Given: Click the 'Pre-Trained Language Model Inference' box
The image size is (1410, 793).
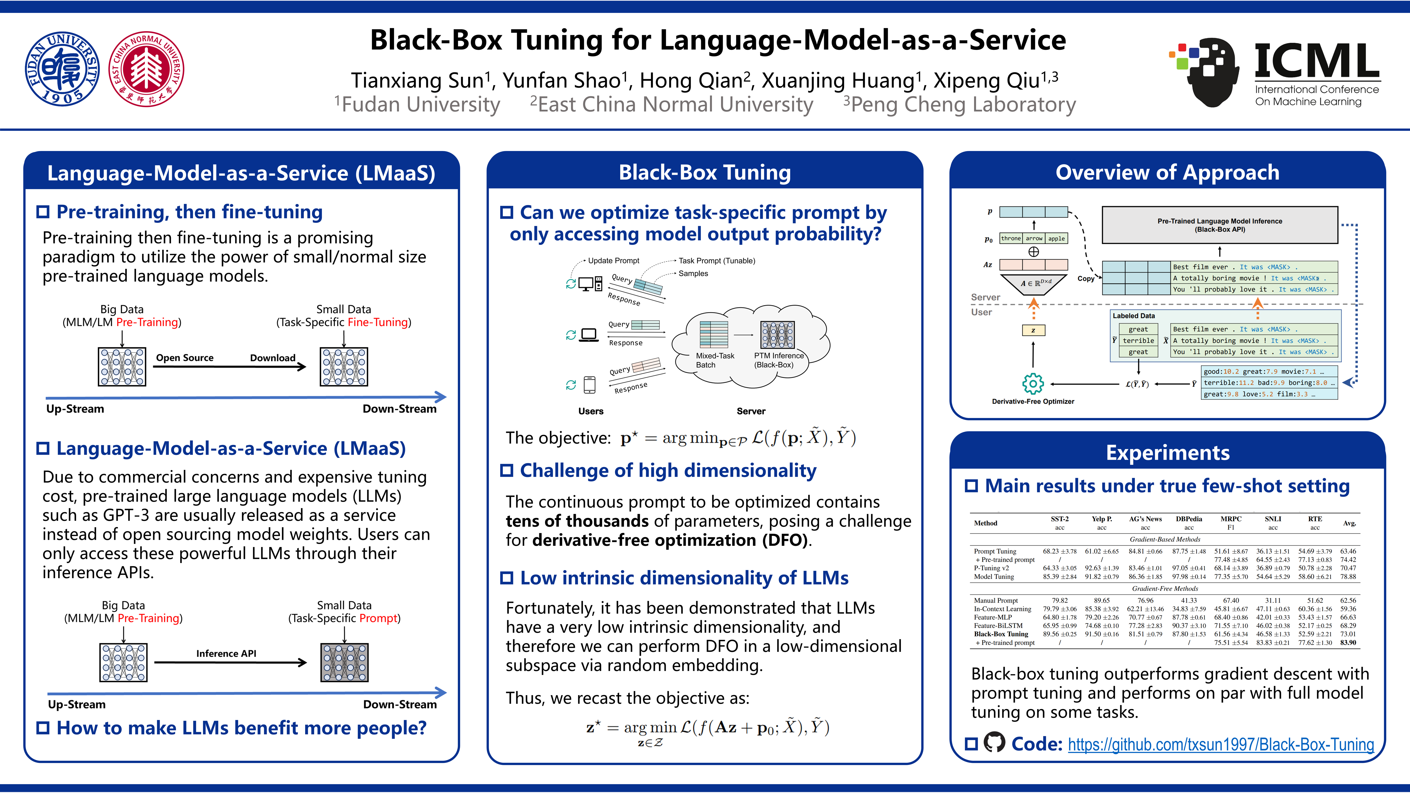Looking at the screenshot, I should click(1219, 225).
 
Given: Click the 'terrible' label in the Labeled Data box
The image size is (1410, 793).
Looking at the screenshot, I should click(1138, 341).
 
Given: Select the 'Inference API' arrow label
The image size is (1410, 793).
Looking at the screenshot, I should click(226, 653).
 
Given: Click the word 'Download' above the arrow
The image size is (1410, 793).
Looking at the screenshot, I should click(273, 358).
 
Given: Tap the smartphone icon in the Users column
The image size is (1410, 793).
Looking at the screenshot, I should click(590, 384).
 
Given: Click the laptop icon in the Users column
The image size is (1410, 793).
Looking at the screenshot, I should click(589, 335).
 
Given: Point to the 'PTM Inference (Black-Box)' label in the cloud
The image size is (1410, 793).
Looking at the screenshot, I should click(778, 360).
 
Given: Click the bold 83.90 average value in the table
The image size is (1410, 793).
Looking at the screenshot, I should click(1348, 642).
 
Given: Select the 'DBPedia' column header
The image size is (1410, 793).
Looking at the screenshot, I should click(1189, 519).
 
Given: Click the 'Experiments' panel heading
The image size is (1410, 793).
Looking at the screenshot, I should click(1168, 453).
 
